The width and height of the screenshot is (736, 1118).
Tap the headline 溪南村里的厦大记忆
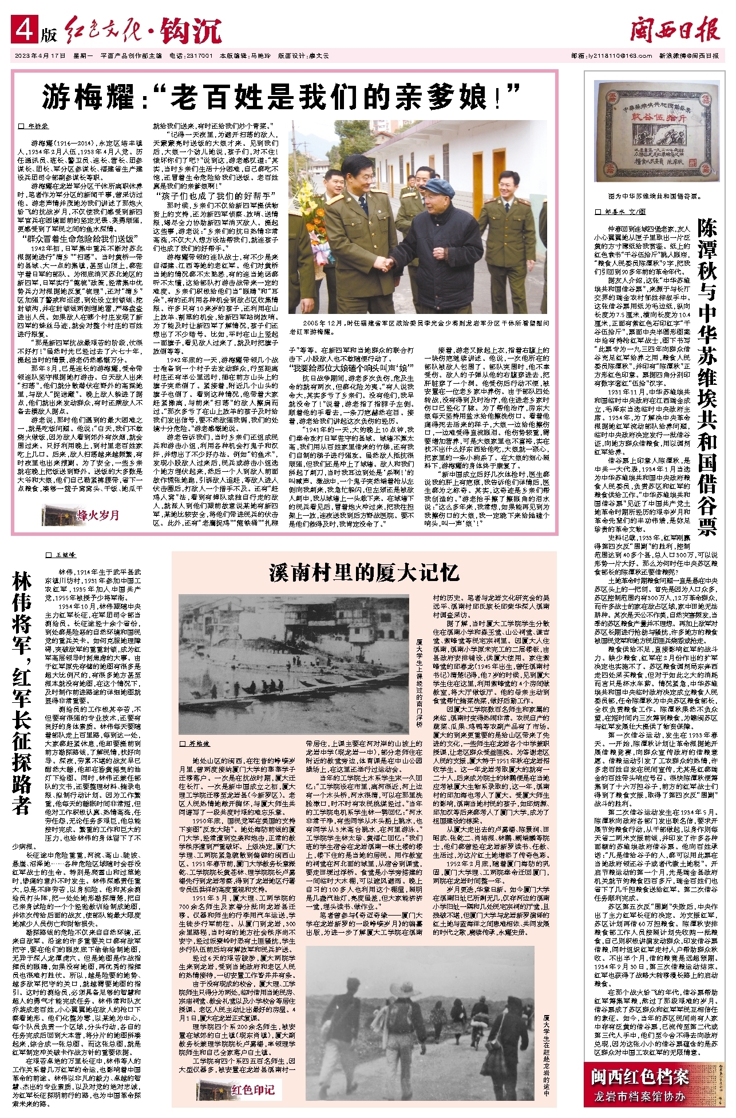(364, 571)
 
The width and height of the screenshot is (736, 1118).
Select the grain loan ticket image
(651, 133)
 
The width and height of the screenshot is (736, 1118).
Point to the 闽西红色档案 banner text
(639, 1077)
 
